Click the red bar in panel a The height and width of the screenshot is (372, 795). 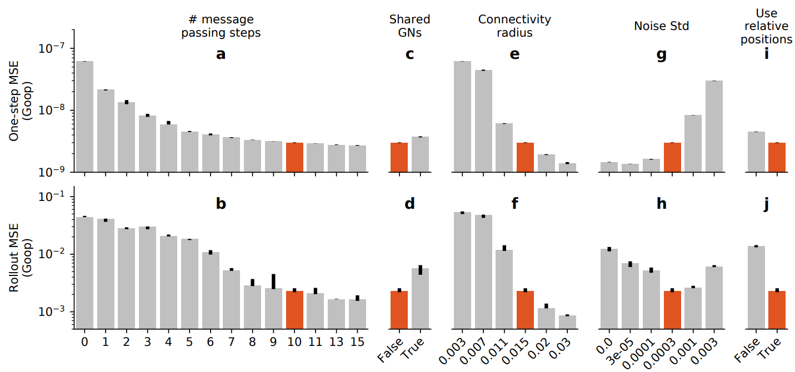click(x=294, y=158)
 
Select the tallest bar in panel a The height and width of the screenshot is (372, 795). click(x=85, y=117)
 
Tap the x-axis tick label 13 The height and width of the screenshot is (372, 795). click(x=336, y=341)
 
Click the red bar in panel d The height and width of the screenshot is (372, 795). click(x=399, y=310)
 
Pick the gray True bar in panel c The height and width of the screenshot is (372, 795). click(x=420, y=154)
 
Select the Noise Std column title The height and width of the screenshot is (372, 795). click(x=661, y=26)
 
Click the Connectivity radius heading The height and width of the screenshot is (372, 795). click(x=514, y=26)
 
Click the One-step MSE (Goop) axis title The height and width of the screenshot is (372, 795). click(x=20, y=101)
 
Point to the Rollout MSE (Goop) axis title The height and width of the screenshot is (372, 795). click(x=20, y=258)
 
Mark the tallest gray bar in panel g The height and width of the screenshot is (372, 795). click(x=714, y=127)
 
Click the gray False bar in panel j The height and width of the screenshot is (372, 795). click(x=756, y=288)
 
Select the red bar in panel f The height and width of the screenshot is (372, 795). click(x=525, y=310)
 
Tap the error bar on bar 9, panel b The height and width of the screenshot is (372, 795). click(x=274, y=281)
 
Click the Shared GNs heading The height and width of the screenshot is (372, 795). click(x=409, y=26)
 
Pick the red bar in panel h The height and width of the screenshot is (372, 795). click(x=672, y=310)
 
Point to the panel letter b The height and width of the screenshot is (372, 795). click(x=221, y=204)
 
